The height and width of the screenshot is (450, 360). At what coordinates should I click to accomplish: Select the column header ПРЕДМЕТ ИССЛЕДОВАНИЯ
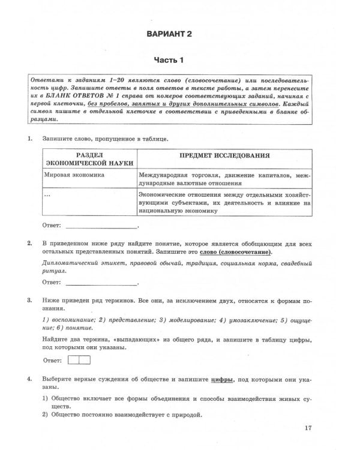pyautogui.click(x=224, y=155)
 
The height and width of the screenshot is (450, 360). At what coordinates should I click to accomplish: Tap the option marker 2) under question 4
pyautogui.click(x=46, y=415)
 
